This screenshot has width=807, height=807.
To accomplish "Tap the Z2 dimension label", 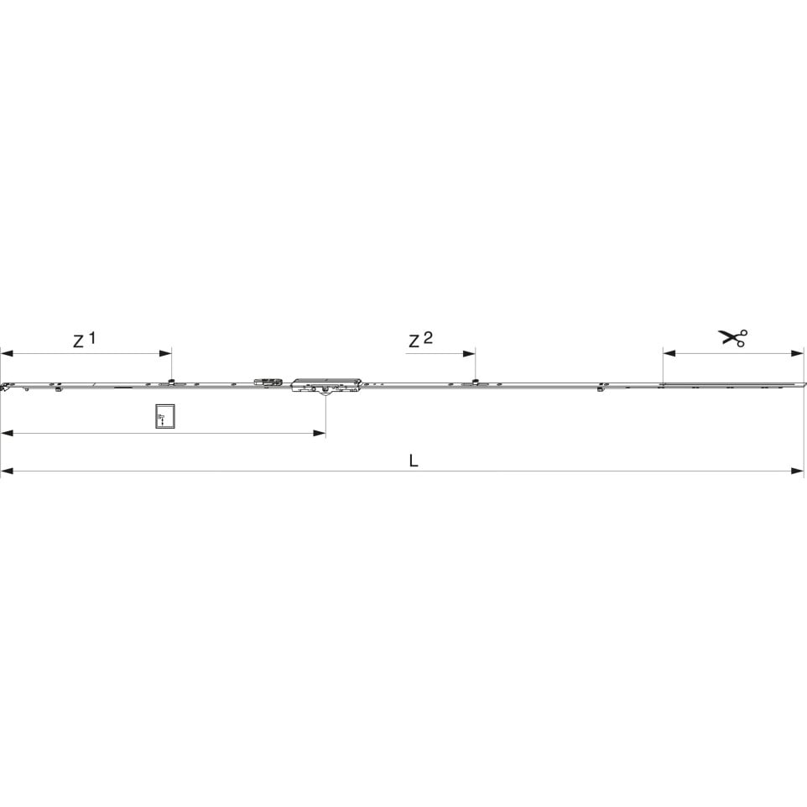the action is pyautogui.click(x=420, y=340).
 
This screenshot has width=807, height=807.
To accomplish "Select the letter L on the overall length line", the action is pyautogui.click(x=414, y=461).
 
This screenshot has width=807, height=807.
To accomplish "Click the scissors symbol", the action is pyautogui.click(x=732, y=337).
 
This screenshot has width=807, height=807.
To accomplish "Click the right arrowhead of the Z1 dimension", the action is pyautogui.click(x=165, y=353).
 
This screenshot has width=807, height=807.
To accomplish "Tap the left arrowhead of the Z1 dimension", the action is pyautogui.click(x=7, y=353).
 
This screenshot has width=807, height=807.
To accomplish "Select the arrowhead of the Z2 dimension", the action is pyautogui.click(x=469, y=353).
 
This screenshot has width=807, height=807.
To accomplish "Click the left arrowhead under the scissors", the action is pyautogui.click(x=669, y=353).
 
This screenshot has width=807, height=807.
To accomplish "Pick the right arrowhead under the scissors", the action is pyautogui.click(x=797, y=353).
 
